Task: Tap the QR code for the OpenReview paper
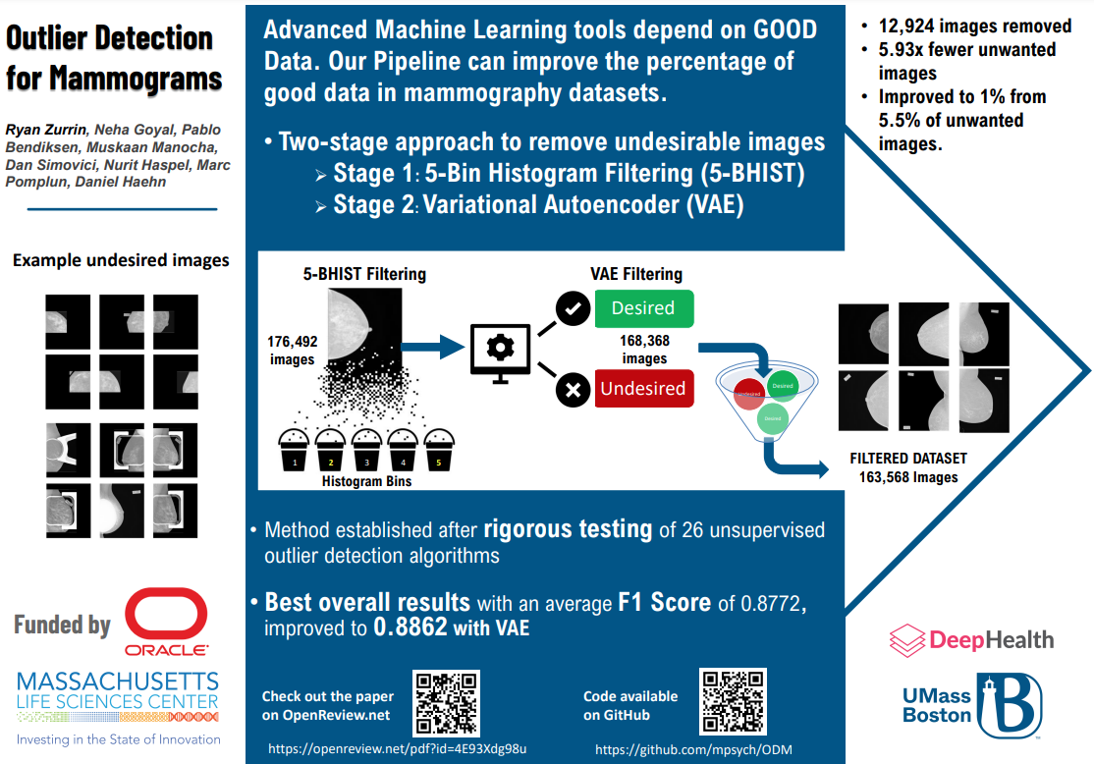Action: (446, 703)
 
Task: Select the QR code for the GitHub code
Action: (731, 702)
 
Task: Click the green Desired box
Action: (643, 308)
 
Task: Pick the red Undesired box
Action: (643, 388)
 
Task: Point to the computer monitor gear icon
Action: (501, 349)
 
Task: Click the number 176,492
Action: (292, 342)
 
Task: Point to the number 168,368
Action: (644, 342)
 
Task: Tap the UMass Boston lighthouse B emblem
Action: (1009, 704)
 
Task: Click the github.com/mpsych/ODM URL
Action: (693, 750)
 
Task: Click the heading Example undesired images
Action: (121, 260)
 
